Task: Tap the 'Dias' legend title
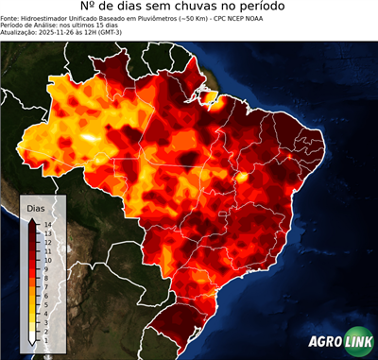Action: click(x=36, y=207)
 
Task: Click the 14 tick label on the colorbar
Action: click(x=47, y=224)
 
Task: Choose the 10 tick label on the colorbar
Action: click(x=47, y=255)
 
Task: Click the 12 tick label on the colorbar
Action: click(x=47, y=239)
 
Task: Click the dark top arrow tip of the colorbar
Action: click(x=33, y=221)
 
